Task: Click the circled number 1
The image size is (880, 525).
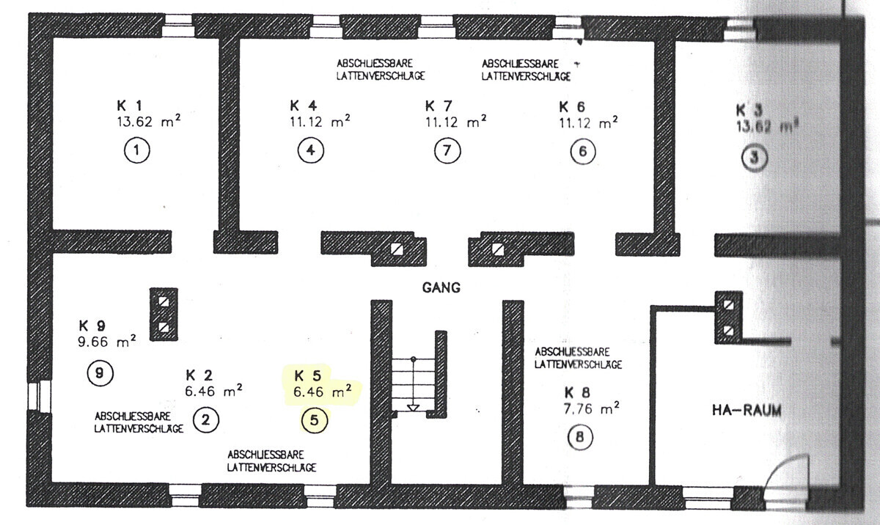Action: (136, 150)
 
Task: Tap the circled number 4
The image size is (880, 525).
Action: (311, 150)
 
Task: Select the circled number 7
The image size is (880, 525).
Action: (447, 151)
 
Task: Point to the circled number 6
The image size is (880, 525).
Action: (583, 152)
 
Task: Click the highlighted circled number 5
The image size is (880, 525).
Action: (315, 421)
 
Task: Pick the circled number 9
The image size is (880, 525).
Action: (100, 373)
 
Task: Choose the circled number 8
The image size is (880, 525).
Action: (580, 437)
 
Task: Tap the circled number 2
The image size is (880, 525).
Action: (206, 420)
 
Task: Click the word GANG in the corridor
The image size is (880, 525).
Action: (441, 288)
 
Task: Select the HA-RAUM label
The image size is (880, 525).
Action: (747, 411)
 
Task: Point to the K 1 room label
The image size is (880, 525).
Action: (129, 106)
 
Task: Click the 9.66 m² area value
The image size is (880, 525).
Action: (107, 341)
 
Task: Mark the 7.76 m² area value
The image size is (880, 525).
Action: (591, 408)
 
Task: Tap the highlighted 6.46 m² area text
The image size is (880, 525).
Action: (322, 391)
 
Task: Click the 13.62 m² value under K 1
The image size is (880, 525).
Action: (148, 121)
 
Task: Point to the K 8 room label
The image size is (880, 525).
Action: (577, 393)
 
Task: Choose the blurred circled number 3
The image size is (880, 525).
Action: (755, 158)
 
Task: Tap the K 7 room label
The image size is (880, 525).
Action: (439, 106)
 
